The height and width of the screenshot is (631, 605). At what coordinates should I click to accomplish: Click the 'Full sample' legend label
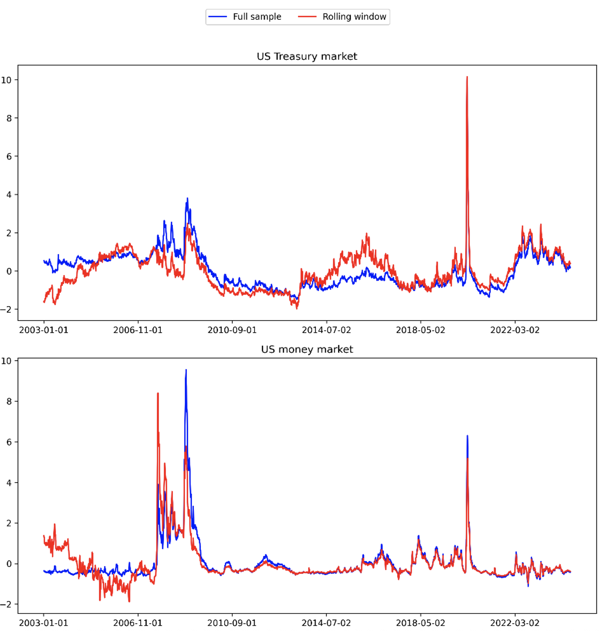pos(257,17)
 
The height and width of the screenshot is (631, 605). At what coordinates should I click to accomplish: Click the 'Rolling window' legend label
pos(354,17)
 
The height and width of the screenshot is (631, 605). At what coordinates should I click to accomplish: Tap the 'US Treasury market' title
pos(307,56)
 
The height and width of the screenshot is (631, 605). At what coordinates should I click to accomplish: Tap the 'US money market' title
pos(307,349)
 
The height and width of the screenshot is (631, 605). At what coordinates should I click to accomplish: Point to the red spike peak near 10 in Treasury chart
pos(467,77)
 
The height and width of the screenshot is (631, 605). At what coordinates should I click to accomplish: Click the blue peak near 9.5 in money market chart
pos(186,370)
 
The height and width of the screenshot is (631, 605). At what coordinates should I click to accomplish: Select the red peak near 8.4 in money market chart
pos(158,394)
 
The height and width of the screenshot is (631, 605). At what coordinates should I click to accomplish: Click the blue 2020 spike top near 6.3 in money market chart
pos(468,436)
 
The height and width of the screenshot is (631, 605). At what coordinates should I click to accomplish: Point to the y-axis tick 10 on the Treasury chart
pos(6,80)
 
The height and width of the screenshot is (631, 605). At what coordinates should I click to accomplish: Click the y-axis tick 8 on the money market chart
pos(9,402)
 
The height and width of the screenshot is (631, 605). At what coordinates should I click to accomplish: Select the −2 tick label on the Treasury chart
pos(6,310)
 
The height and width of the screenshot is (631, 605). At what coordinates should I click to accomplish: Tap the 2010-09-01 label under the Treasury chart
pos(232,330)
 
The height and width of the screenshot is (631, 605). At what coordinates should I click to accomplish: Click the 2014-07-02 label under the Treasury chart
pos(326,330)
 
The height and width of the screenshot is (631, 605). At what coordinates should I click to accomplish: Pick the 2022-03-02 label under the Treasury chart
pos(515,330)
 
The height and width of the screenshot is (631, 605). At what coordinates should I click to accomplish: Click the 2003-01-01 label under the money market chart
pos(44,623)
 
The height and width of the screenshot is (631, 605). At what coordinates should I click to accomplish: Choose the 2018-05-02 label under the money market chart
pos(420,623)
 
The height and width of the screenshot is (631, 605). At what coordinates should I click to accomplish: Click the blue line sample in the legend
pos(217,17)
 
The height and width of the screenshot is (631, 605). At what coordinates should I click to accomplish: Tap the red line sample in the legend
pos(307,17)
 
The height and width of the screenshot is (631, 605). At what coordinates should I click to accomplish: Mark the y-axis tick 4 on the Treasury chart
pos(9,195)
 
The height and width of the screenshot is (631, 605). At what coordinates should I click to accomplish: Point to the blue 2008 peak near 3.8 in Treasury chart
pos(187,198)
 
